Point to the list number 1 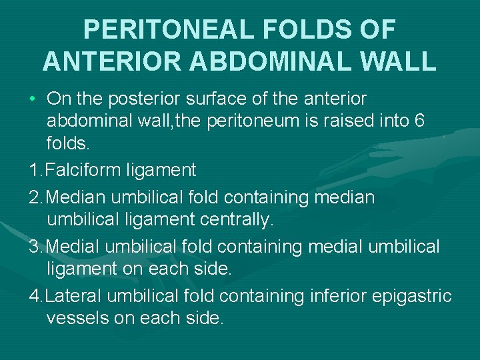[35, 171]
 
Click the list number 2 [35, 198]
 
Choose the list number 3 [35, 247]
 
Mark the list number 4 [35, 295]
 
